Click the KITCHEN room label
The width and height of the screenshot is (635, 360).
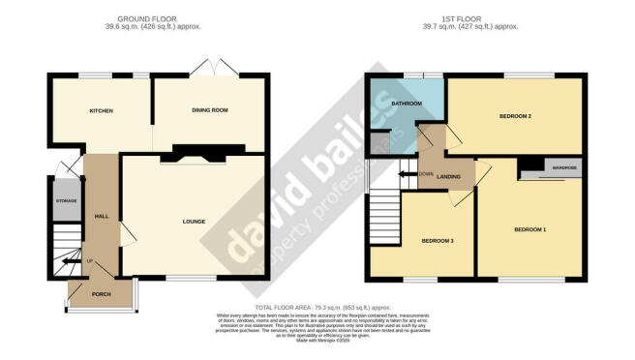pyautogui.click(x=102, y=111)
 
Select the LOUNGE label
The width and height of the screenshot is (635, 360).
pyautogui.click(x=194, y=222)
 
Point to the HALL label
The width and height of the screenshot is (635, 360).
pyautogui.click(x=100, y=217)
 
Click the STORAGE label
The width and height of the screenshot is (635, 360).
pyautogui.click(x=67, y=201)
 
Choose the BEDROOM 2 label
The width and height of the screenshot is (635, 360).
pyautogui.click(x=516, y=116)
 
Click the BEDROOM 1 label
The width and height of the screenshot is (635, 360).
pyautogui.click(x=530, y=229)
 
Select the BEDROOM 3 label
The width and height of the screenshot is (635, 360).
pyautogui.click(x=438, y=240)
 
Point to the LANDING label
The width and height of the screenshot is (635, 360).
pyautogui.click(x=447, y=176)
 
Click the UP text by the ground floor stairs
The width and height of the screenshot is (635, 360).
pyautogui.click(x=90, y=262)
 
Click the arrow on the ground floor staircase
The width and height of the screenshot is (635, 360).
pyautogui.click(x=68, y=260)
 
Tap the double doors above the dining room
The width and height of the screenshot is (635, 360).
pyautogui.click(x=208, y=68)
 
